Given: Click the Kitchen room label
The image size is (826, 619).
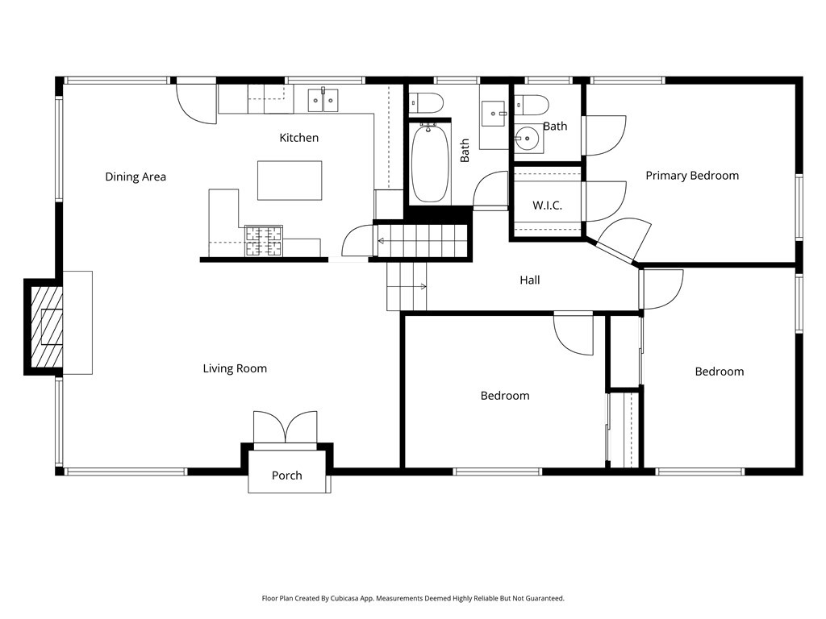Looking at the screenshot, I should coord(298,138).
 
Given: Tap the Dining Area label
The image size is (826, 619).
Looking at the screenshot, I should coord(136,177).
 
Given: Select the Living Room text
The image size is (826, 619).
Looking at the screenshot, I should coord(235,368).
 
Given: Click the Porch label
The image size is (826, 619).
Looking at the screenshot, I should coord(286,475).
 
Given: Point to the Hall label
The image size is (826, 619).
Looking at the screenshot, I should coord(530,280).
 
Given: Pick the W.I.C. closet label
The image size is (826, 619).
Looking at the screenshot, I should coord(547,206).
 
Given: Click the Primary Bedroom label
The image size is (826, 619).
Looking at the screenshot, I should coord(692,175).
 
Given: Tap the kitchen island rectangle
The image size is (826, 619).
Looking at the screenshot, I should coord(290,181).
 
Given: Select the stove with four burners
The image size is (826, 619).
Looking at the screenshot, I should coord(265,240).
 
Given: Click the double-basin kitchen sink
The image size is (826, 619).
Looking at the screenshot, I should coord(323,100).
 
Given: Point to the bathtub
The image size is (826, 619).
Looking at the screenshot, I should coord(430,163).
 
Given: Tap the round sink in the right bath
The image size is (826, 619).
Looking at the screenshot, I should coord(527,139).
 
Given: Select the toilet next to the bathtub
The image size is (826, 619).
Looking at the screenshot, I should coord(425,102).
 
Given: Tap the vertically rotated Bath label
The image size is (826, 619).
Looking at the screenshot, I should coord(465,151).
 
